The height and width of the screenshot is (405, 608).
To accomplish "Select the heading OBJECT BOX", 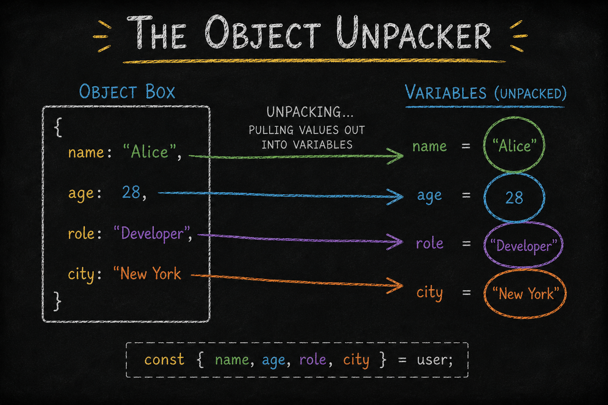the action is (127, 91).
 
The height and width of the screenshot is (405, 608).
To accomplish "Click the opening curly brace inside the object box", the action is (58, 127).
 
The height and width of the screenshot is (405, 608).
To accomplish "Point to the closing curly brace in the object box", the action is (57, 301).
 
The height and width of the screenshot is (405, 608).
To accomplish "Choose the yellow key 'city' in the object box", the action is (81, 274).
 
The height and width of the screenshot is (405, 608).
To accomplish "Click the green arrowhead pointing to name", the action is (396, 156).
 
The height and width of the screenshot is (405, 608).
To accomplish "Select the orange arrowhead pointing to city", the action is (395, 286).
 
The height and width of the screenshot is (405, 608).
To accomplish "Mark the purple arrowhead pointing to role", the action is (395, 242).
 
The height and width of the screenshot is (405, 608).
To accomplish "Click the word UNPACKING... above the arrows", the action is (310, 112).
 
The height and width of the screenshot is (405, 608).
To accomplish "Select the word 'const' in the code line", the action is (165, 360).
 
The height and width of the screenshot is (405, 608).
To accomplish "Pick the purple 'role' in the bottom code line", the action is (313, 360).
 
